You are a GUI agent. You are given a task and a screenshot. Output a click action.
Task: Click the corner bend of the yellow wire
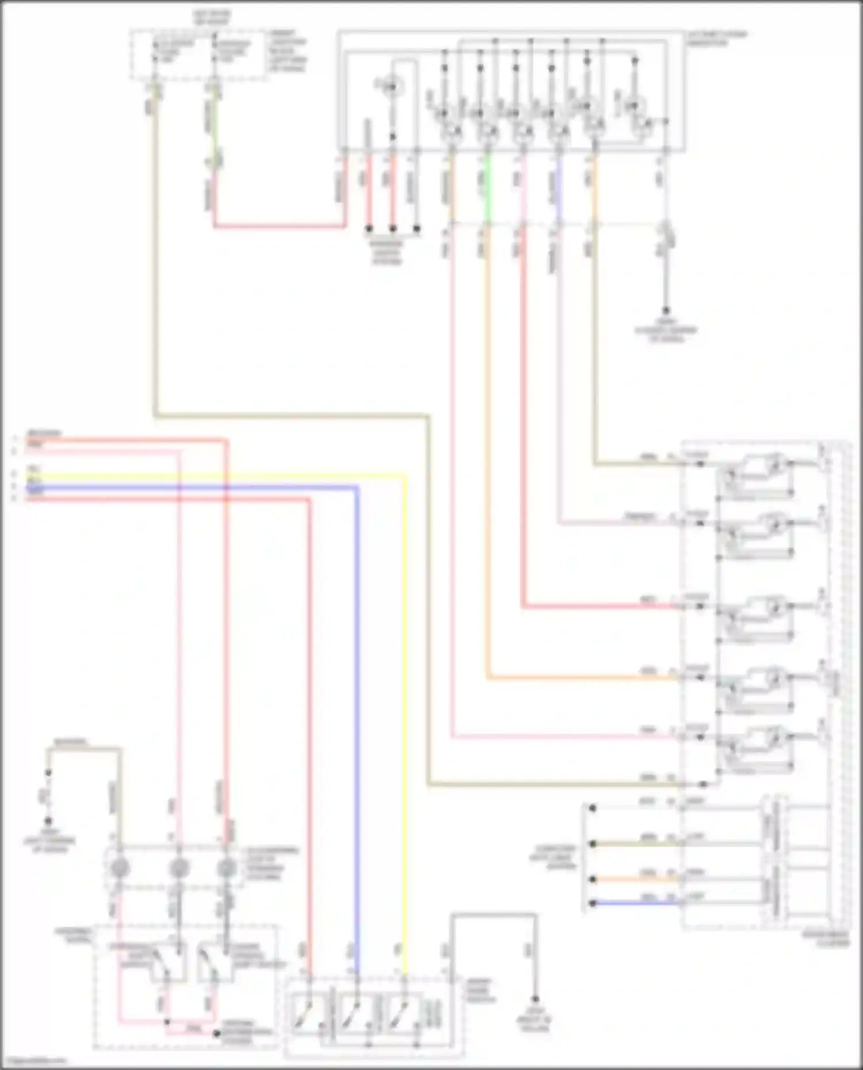tap(405, 476)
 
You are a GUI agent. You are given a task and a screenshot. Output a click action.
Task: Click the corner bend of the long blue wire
tap(357, 488)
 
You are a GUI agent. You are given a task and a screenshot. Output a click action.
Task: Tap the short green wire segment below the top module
tap(488, 187)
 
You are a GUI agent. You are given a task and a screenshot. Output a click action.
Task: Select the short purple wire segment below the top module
tap(559, 187)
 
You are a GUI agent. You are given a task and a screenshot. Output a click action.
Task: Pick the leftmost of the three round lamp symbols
tap(120, 867)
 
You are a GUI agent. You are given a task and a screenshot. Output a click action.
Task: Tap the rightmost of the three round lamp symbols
tap(227, 867)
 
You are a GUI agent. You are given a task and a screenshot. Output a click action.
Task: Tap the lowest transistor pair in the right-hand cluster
tap(754, 747)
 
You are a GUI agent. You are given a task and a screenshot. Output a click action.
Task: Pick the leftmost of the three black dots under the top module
tap(369, 229)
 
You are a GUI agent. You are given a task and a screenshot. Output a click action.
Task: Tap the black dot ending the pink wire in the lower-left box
tap(217, 1034)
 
